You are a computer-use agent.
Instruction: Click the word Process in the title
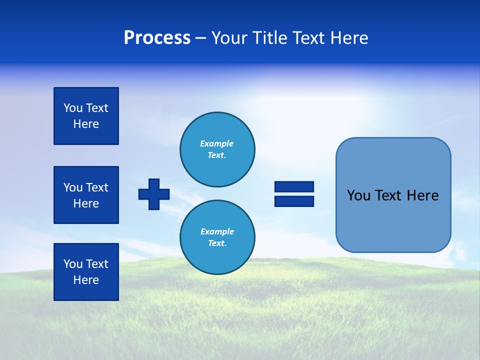pos(157,38)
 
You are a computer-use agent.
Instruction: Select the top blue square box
pos(86,116)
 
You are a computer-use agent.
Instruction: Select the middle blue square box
pos(86,195)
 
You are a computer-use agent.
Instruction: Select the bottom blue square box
pos(86,272)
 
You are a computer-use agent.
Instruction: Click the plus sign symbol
pos(154,194)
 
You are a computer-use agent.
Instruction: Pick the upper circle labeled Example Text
pos(217,149)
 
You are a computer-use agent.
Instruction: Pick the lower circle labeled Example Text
pos(217,237)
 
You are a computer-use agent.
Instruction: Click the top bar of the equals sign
pos(294,186)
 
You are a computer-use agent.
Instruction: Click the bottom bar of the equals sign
pos(294,201)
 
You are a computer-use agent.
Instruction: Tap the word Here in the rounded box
pos(422,195)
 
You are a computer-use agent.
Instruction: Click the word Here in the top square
pos(86,124)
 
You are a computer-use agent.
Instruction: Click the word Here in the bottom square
pos(86,280)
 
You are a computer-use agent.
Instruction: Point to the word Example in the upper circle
pos(217,143)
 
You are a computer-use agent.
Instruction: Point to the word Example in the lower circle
pos(217,231)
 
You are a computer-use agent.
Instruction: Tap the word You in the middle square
pos(72,187)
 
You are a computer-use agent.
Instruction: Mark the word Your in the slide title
pos(229,38)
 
